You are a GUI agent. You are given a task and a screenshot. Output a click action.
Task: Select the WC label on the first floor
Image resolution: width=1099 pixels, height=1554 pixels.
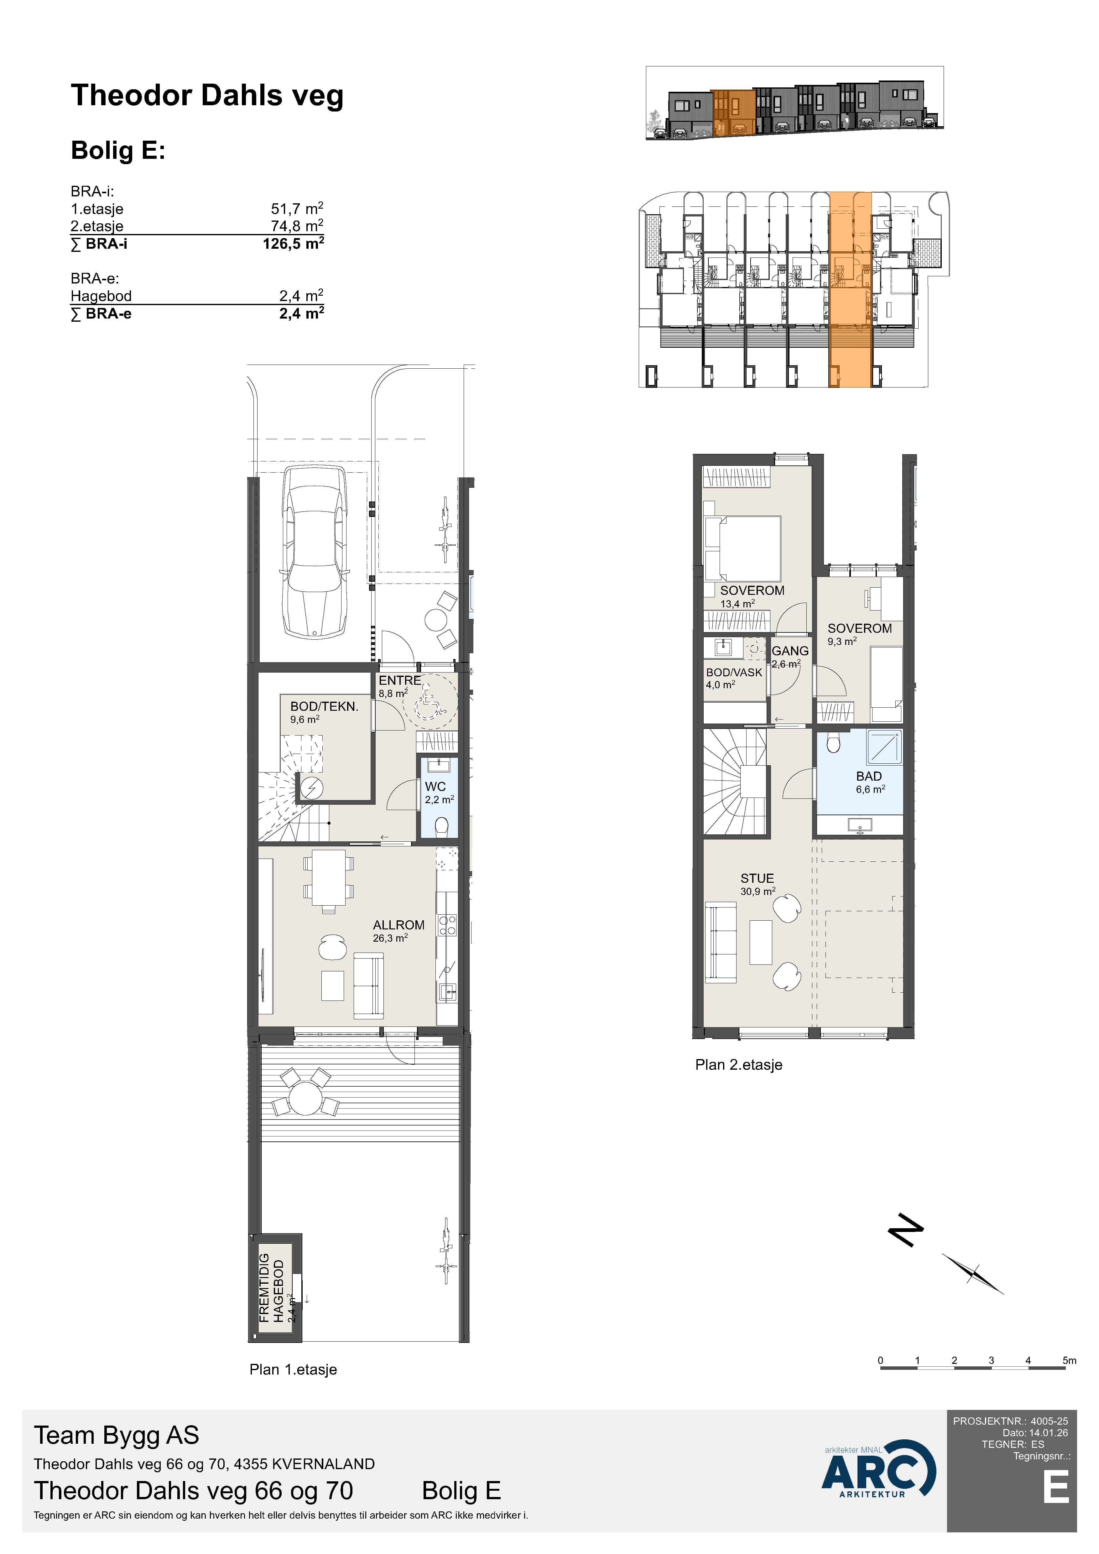coord(435,787)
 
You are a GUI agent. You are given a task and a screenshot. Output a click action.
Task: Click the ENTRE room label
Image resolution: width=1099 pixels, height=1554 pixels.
coord(399,680)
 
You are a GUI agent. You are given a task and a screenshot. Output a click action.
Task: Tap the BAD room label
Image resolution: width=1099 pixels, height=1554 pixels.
coord(869,776)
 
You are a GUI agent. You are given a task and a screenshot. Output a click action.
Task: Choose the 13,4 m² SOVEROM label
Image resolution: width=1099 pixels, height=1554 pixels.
coord(752,590)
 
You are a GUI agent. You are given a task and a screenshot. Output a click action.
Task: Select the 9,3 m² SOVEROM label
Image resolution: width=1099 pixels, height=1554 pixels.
coord(859,628)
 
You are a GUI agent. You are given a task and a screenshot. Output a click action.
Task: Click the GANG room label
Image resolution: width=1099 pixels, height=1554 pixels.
coord(790,650)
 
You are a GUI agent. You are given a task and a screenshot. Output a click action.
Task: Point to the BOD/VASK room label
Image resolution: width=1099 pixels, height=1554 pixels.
coord(734,672)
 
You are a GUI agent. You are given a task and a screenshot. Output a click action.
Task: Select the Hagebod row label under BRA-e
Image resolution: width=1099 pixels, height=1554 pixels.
coord(101,296)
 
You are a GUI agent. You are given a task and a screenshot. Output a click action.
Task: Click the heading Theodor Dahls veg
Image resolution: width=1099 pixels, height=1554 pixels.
coord(207,96)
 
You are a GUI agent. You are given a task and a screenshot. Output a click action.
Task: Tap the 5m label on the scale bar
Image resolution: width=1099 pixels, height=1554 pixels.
coord(1069,1360)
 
